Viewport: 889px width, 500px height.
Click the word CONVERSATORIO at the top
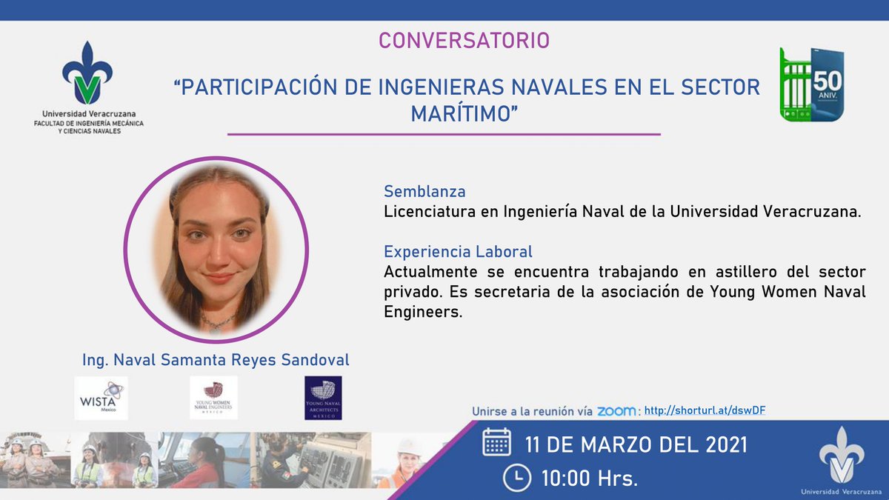point(465,41)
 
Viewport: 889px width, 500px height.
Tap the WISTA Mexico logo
point(101,398)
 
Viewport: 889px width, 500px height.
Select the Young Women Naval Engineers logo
point(213,398)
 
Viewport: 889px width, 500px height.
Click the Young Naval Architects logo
point(323,398)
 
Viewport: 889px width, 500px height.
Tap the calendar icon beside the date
point(496,444)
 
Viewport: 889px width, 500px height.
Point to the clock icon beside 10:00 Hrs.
point(516,478)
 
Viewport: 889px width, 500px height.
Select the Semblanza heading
point(424,192)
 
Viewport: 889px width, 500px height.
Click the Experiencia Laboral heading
point(458,251)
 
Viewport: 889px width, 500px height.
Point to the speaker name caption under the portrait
point(216,360)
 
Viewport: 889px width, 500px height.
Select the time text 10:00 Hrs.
point(589,478)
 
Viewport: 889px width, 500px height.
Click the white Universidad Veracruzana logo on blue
point(839,458)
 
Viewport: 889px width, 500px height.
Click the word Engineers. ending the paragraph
point(422,312)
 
